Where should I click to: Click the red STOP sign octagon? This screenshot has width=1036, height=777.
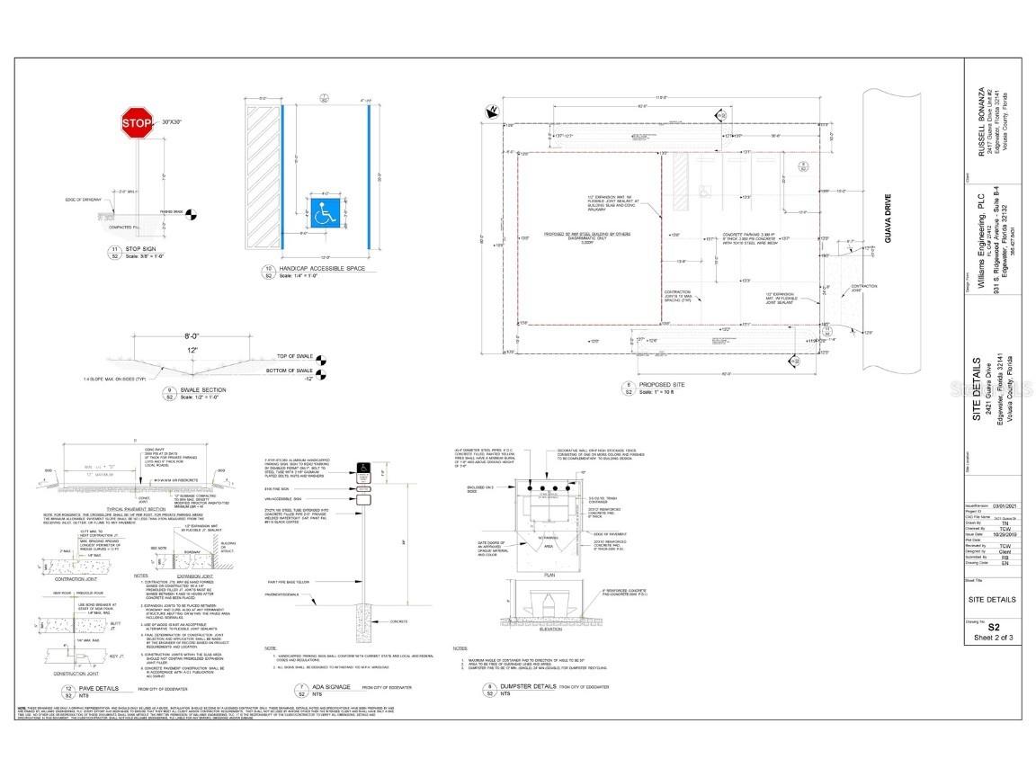click(137, 124)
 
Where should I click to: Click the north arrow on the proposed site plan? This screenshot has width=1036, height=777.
click(491, 112)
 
